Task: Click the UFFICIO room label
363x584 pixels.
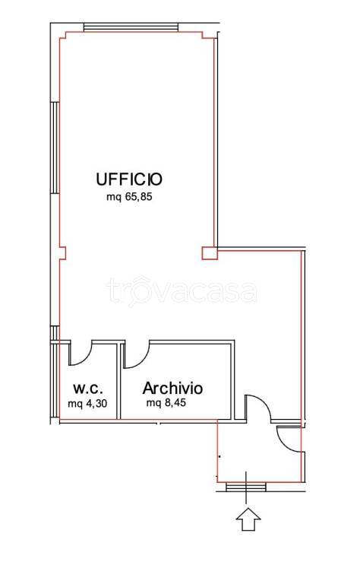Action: [x=129, y=179]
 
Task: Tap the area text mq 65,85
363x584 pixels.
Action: [x=129, y=197]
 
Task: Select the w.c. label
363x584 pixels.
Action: [x=88, y=389]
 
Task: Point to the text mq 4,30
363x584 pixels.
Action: [x=88, y=403]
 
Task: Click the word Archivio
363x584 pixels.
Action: [x=172, y=388]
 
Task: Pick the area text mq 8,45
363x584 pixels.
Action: [x=166, y=402]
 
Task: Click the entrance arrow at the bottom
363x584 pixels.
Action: [x=249, y=519]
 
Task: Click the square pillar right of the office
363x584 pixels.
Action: [x=210, y=253]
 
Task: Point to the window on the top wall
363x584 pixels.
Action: [x=131, y=27]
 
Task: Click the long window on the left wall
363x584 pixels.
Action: [x=55, y=148]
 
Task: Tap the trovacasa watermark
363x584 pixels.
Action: [x=181, y=291]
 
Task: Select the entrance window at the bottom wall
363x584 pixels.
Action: [x=246, y=487]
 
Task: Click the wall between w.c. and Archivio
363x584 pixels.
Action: [x=119, y=382]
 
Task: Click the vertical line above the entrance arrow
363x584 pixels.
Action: [x=246, y=487]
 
